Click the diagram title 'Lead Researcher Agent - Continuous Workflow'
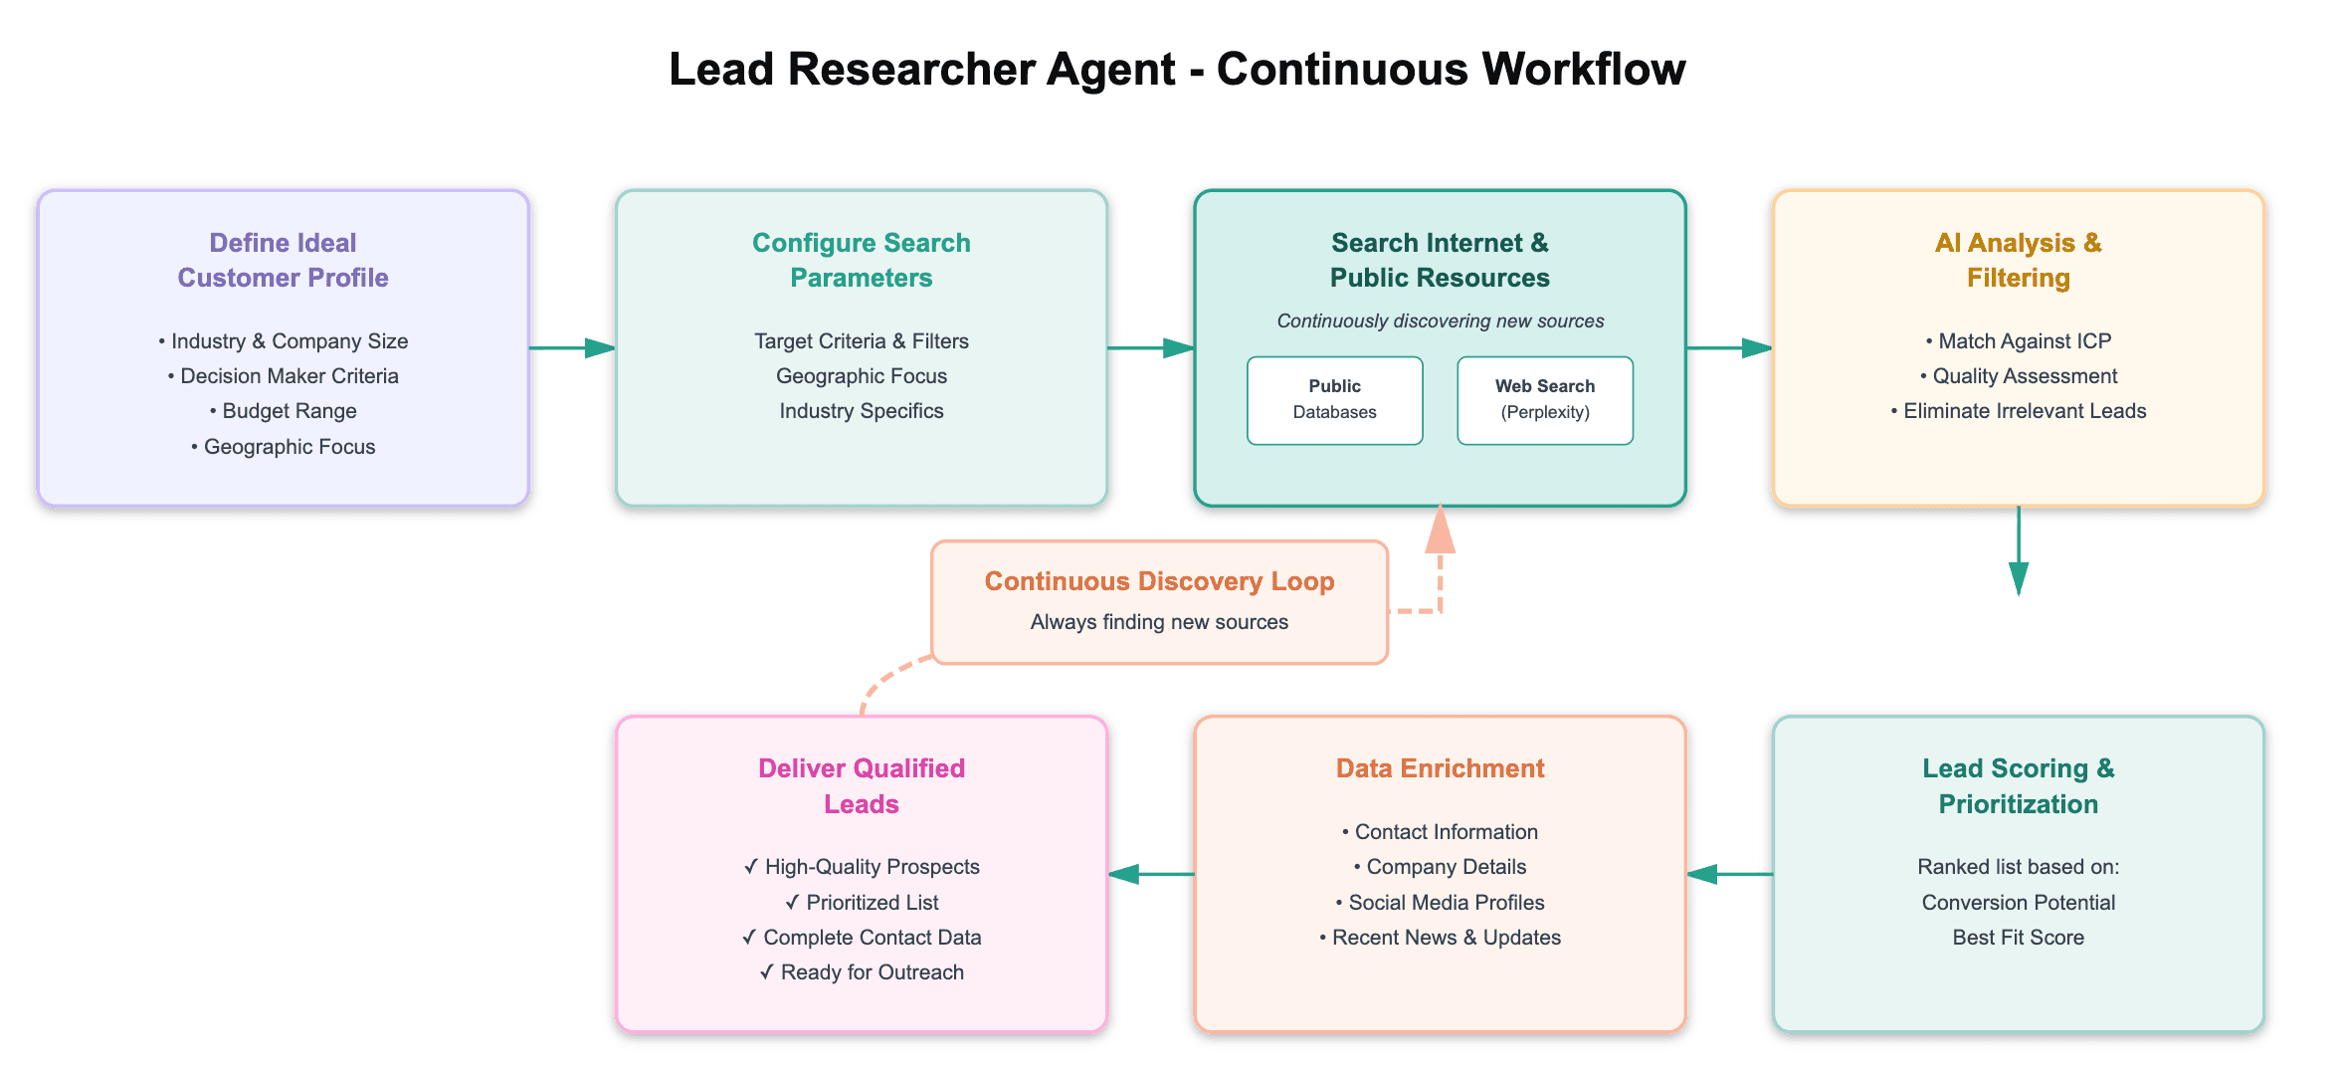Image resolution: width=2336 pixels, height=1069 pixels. pyautogui.click(x=1177, y=70)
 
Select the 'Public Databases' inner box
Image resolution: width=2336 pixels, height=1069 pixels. pyautogui.click(x=1334, y=400)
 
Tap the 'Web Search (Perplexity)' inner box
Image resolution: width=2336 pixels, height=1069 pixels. pyautogui.click(x=1544, y=400)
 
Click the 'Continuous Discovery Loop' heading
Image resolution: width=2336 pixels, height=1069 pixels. pyautogui.click(x=1159, y=581)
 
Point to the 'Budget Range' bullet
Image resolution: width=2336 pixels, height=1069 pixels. pyautogui.click(x=284, y=411)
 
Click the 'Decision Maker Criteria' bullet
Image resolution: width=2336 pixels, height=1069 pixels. pyautogui.click(x=284, y=376)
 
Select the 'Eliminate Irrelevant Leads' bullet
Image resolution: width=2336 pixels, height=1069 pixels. pyautogui.click(x=2019, y=411)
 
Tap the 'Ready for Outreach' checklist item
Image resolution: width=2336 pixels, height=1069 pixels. pyautogui.click(x=862, y=972)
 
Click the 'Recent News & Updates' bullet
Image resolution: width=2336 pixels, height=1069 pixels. pyautogui.click(x=1440, y=938)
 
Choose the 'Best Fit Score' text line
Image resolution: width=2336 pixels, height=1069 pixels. pyautogui.click(x=2018, y=938)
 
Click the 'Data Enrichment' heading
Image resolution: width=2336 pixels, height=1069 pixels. pyautogui.click(x=1440, y=768)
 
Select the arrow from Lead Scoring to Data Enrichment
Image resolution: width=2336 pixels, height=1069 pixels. pyautogui.click(x=1729, y=874)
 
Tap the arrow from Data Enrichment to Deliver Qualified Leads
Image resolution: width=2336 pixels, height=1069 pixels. pyautogui.click(x=1151, y=874)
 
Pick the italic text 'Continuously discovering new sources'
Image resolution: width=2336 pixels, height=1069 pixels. pyautogui.click(x=1440, y=321)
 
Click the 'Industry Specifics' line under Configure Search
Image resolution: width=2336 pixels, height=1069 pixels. pyautogui.click(x=862, y=411)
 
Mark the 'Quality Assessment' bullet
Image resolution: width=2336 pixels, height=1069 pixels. pyautogui.click(x=2019, y=376)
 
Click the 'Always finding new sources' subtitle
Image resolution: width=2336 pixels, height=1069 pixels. pyautogui.click(x=1159, y=622)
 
